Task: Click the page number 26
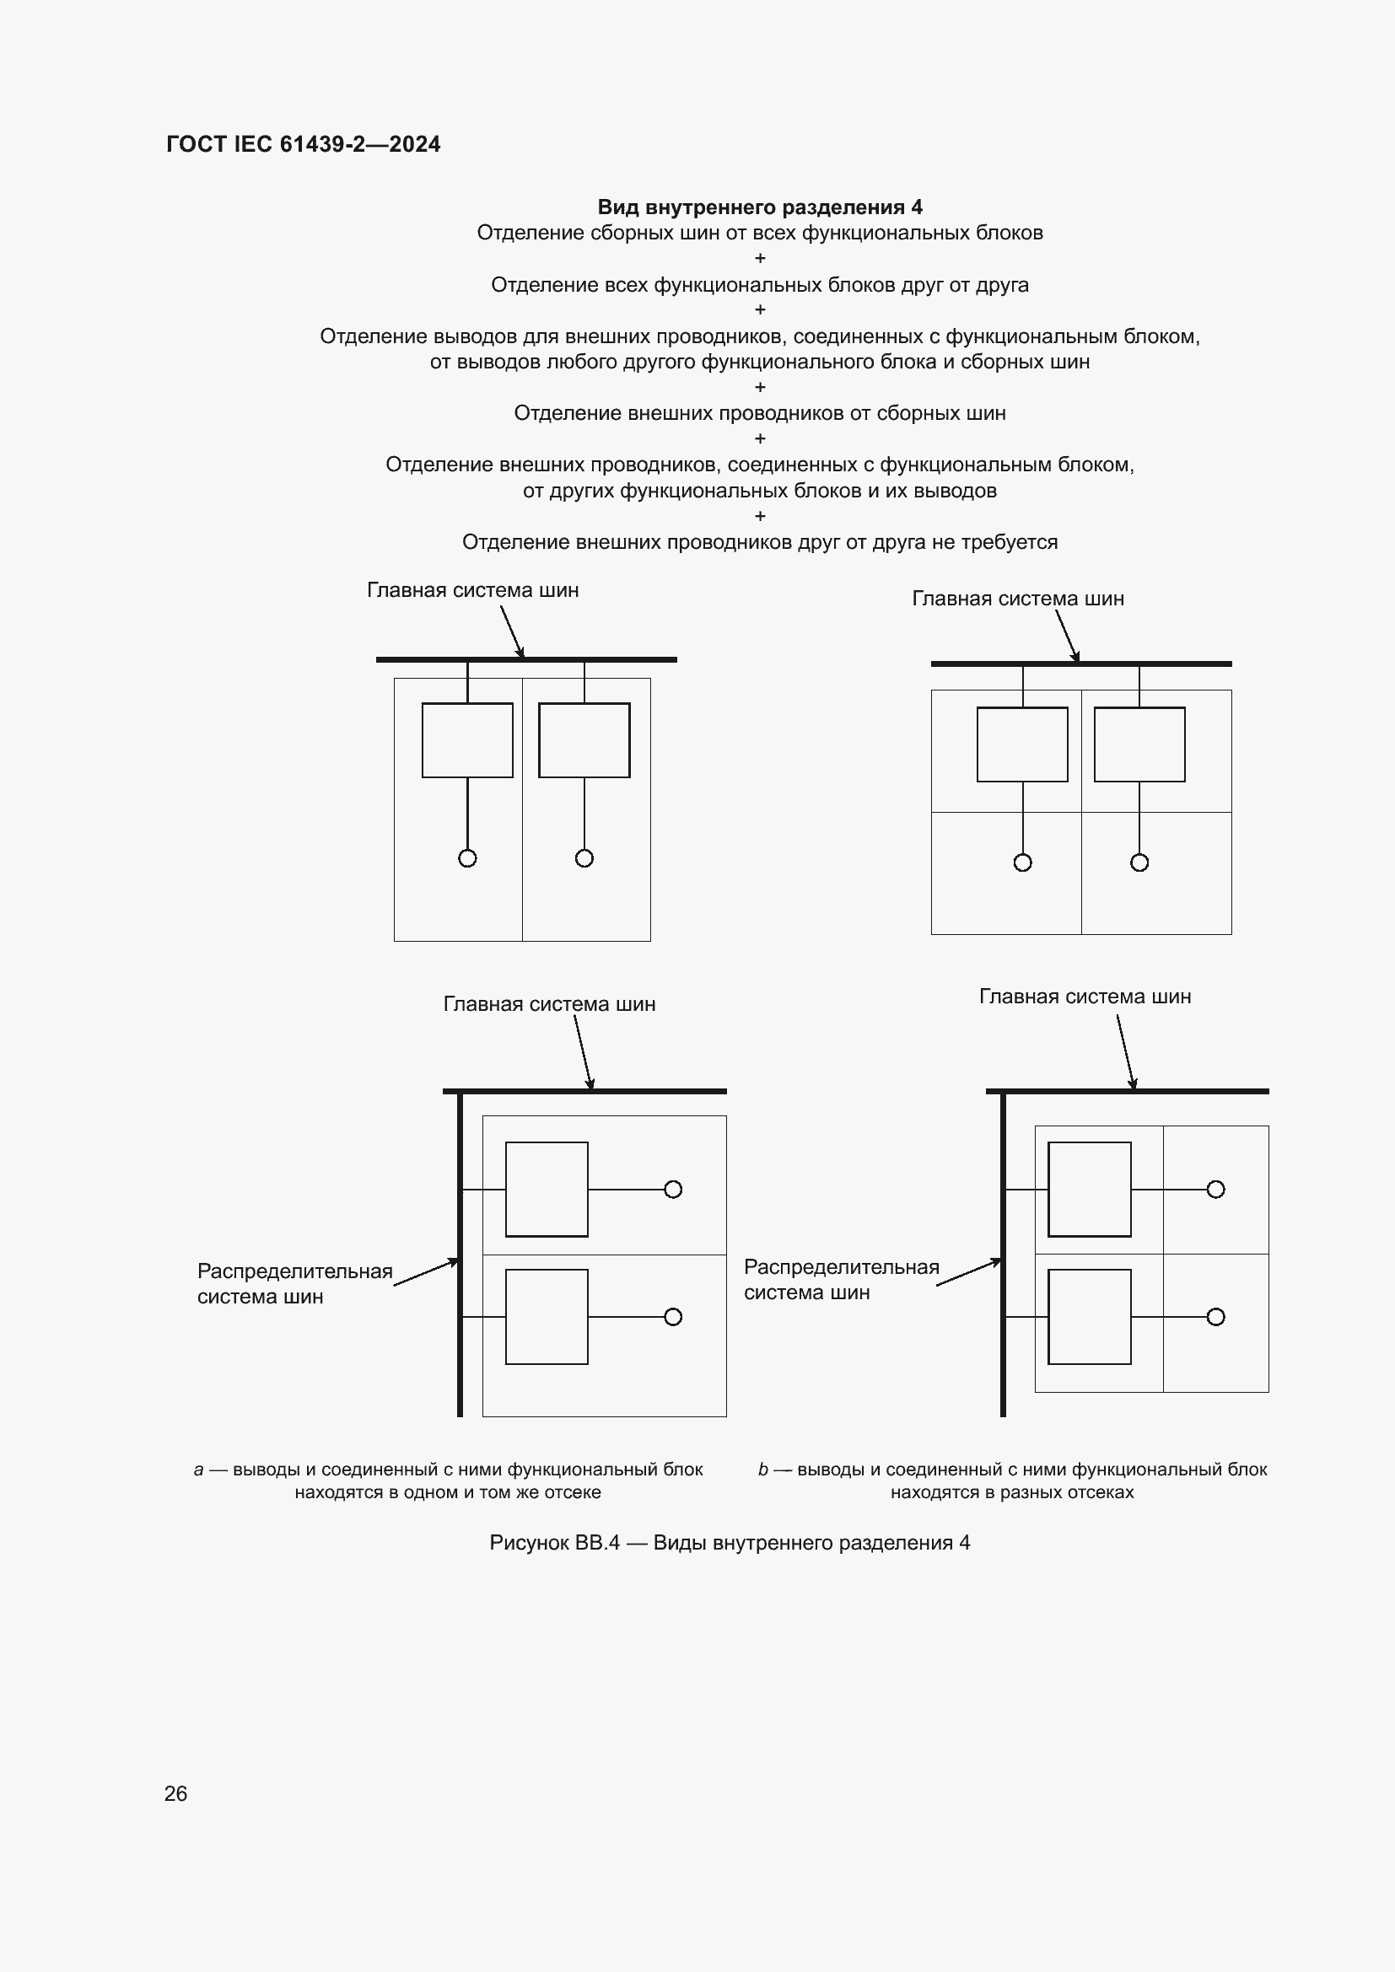point(175,1793)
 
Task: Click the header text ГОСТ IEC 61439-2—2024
point(303,144)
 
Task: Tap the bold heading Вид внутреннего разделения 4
point(759,207)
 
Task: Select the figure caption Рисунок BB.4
point(730,1543)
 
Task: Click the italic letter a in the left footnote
point(198,1470)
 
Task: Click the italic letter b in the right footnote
point(762,1470)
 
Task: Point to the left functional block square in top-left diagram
point(467,740)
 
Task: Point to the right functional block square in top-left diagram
point(584,740)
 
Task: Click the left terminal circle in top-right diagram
point(1022,862)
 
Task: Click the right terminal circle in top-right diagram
point(1139,862)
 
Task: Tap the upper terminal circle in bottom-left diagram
point(673,1190)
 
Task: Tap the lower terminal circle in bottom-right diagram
point(1215,1317)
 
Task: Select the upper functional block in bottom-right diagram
point(1089,1190)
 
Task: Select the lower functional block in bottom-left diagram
point(547,1317)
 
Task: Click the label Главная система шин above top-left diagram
point(472,590)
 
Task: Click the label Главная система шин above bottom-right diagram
point(1085,997)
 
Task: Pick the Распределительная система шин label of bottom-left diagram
point(294,1283)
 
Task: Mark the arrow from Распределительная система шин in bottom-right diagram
point(969,1272)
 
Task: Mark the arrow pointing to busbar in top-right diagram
point(1067,636)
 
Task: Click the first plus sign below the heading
point(759,258)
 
